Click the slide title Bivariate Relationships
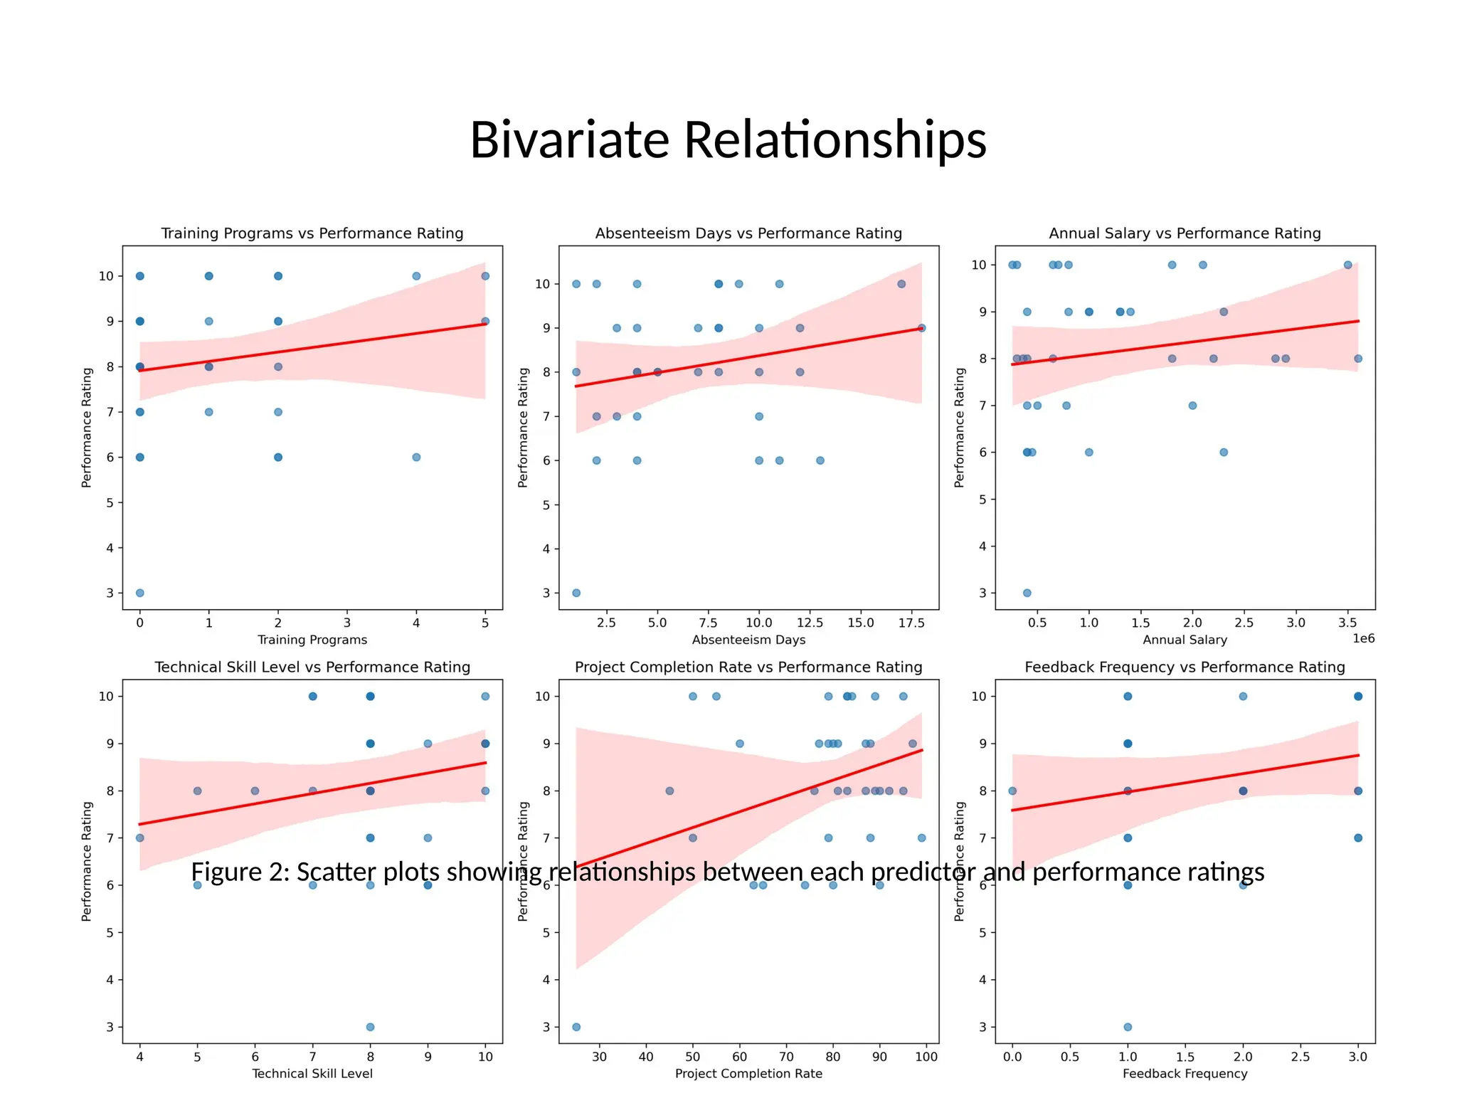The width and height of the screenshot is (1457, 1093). [728, 139]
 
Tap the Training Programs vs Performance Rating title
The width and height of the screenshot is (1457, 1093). [312, 233]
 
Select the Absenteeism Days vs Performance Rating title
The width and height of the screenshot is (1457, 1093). [748, 233]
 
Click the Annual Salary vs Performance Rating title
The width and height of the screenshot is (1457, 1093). [1185, 233]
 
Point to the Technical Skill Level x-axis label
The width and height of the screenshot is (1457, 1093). [312, 1073]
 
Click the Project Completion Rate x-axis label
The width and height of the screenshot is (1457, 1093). [748, 1073]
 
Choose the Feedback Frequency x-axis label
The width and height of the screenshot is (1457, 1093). [1185, 1073]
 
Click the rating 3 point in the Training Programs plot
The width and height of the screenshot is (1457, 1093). [139, 593]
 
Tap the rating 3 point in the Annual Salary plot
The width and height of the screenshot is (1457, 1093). [1027, 593]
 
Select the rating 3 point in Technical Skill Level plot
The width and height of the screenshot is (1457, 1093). [370, 1027]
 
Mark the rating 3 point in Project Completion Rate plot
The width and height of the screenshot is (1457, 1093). [576, 1027]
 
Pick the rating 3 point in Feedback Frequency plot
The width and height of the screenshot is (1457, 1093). [1128, 1027]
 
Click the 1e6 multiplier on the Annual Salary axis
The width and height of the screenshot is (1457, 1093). [1363, 639]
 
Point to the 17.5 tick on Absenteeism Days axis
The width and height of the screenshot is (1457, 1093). [911, 623]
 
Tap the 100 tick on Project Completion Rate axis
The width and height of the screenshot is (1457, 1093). [926, 1057]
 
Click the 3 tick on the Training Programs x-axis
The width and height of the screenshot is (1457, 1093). [347, 623]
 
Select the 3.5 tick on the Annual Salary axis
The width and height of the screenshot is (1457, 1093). [1347, 623]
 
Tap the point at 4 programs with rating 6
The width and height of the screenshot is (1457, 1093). [416, 457]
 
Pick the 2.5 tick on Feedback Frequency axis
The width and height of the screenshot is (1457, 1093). [1300, 1057]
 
